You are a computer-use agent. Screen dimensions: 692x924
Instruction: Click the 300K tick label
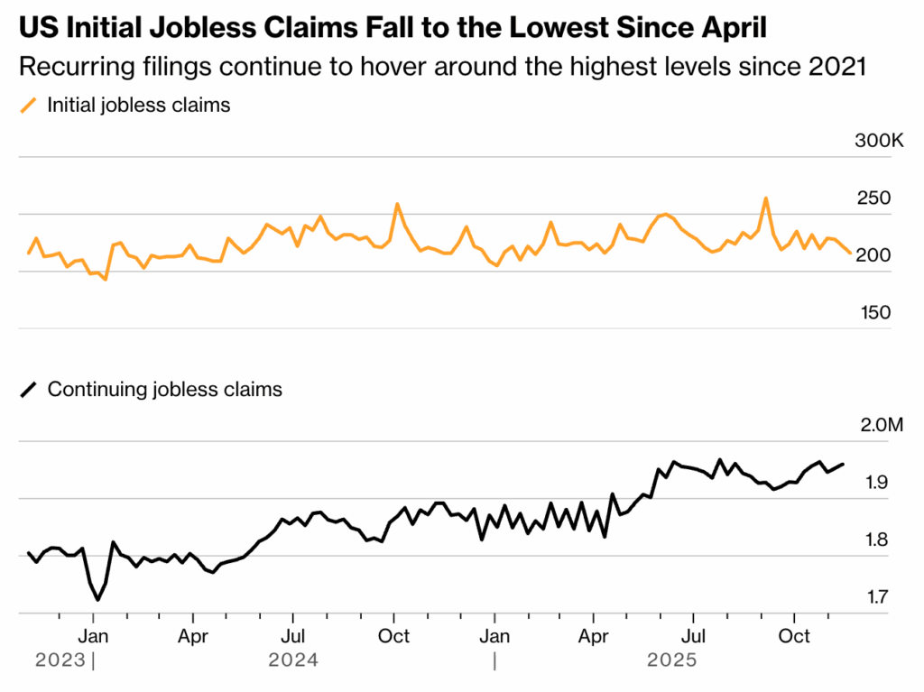pos(878,142)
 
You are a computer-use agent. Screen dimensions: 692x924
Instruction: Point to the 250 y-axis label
pos(873,198)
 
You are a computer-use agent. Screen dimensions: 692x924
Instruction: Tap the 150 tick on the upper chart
pos(873,312)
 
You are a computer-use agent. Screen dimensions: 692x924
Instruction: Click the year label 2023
pos(61,660)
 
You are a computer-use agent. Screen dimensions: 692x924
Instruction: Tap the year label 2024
pos(293,660)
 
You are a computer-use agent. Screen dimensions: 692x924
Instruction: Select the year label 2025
pos(672,660)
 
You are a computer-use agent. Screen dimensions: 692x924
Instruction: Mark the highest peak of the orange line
pos(765,198)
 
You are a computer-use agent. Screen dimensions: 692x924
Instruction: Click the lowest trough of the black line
pos(97,600)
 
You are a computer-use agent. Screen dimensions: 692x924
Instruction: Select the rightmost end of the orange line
pos(849,253)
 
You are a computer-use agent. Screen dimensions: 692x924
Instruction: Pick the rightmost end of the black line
pos(843,464)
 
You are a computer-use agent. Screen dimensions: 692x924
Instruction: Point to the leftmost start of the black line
pos(29,552)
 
